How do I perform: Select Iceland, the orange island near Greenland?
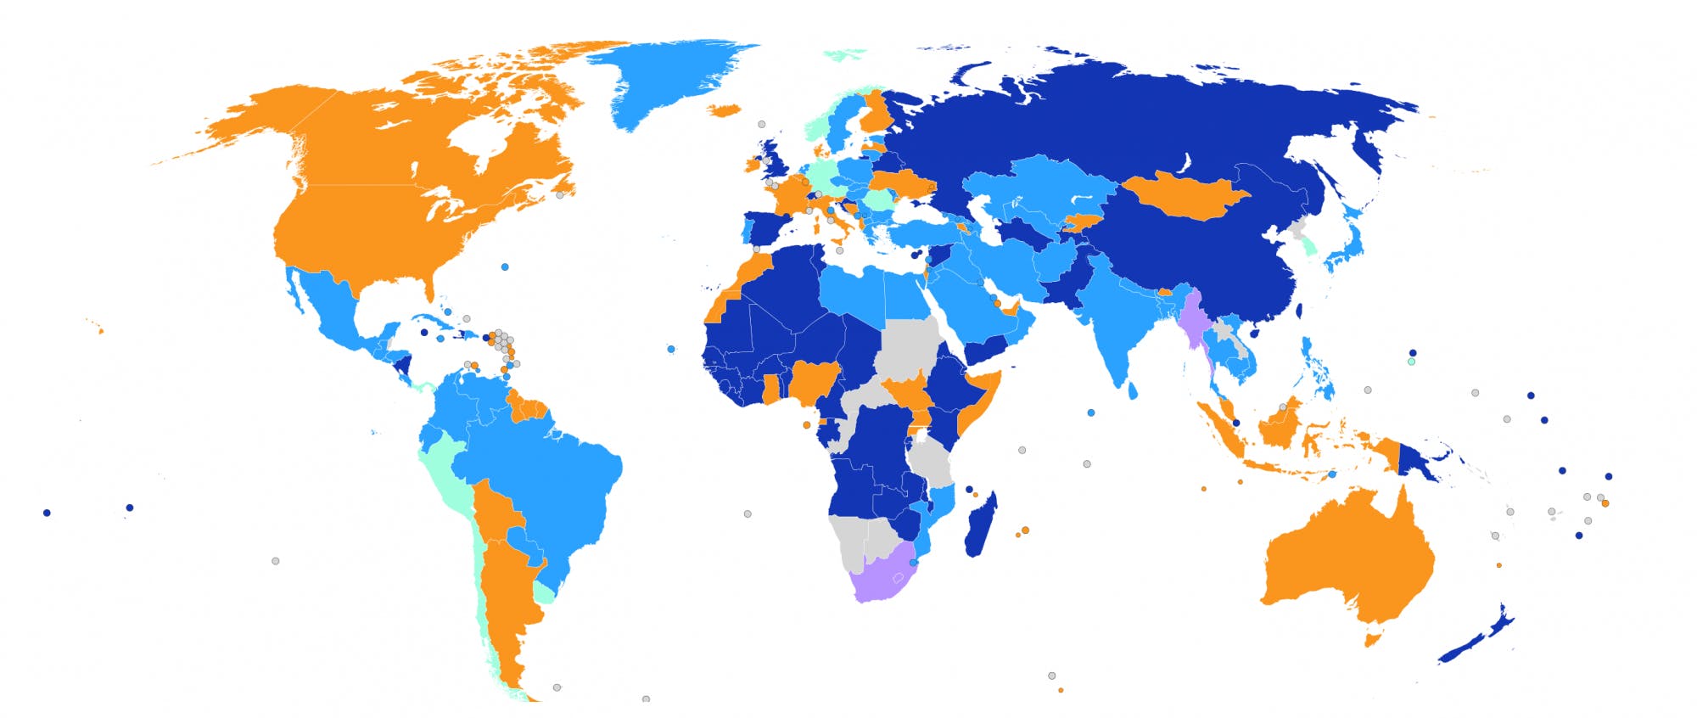724,109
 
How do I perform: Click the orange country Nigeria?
815,382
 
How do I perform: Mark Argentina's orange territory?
505,594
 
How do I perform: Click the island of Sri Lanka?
1134,391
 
